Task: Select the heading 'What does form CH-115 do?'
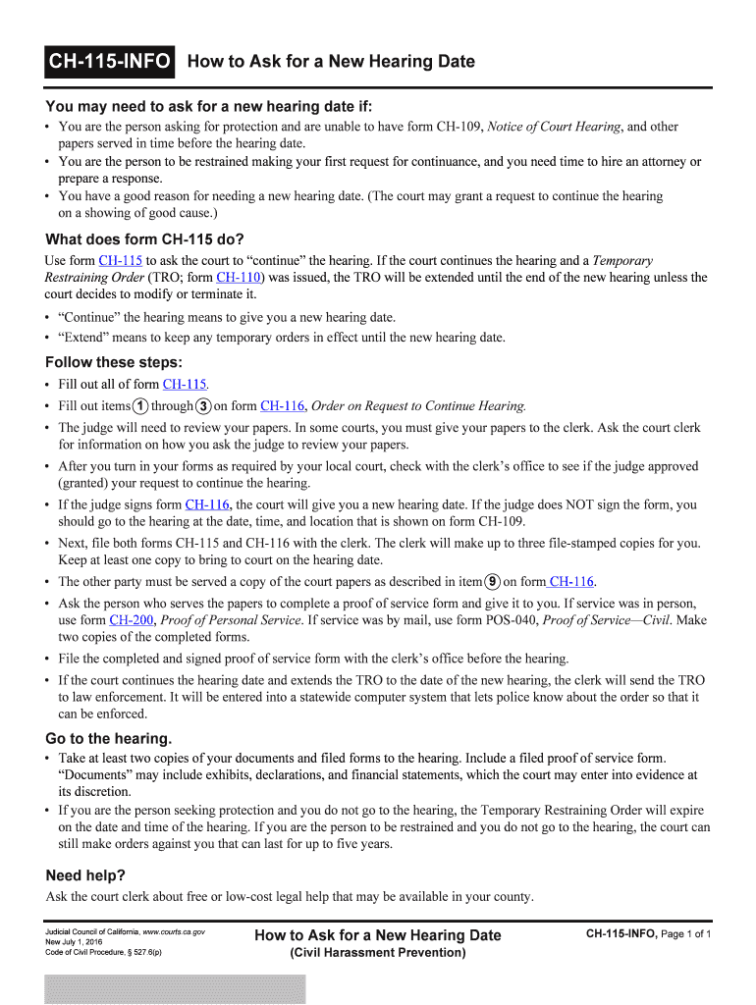tap(144, 239)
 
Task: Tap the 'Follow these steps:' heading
tap(114, 362)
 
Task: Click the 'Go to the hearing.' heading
tap(109, 738)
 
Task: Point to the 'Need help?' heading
tap(85, 875)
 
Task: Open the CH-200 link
tap(131, 620)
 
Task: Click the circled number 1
tap(142, 406)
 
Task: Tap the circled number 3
tap(202, 406)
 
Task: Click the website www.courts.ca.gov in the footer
tap(174, 930)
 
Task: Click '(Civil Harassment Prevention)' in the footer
tap(377, 953)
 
